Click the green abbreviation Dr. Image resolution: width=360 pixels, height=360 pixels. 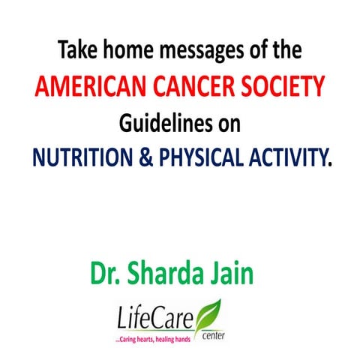106,273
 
